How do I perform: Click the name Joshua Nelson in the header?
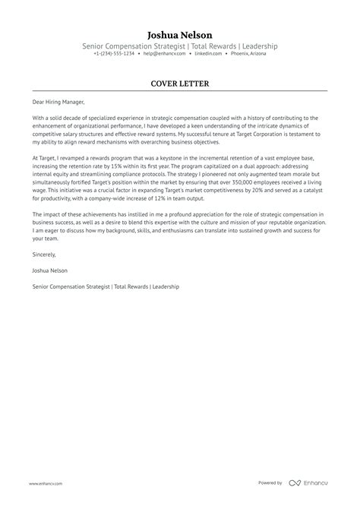tap(180, 35)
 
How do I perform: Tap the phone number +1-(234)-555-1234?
tap(114, 54)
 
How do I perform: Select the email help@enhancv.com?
tap(163, 54)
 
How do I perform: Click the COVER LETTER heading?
tap(180, 83)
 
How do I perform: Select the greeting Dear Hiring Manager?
tap(59, 102)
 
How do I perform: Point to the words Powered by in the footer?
tap(270, 482)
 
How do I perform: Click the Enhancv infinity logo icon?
tap(295, 483)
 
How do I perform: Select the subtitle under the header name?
tap(180, 46)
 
